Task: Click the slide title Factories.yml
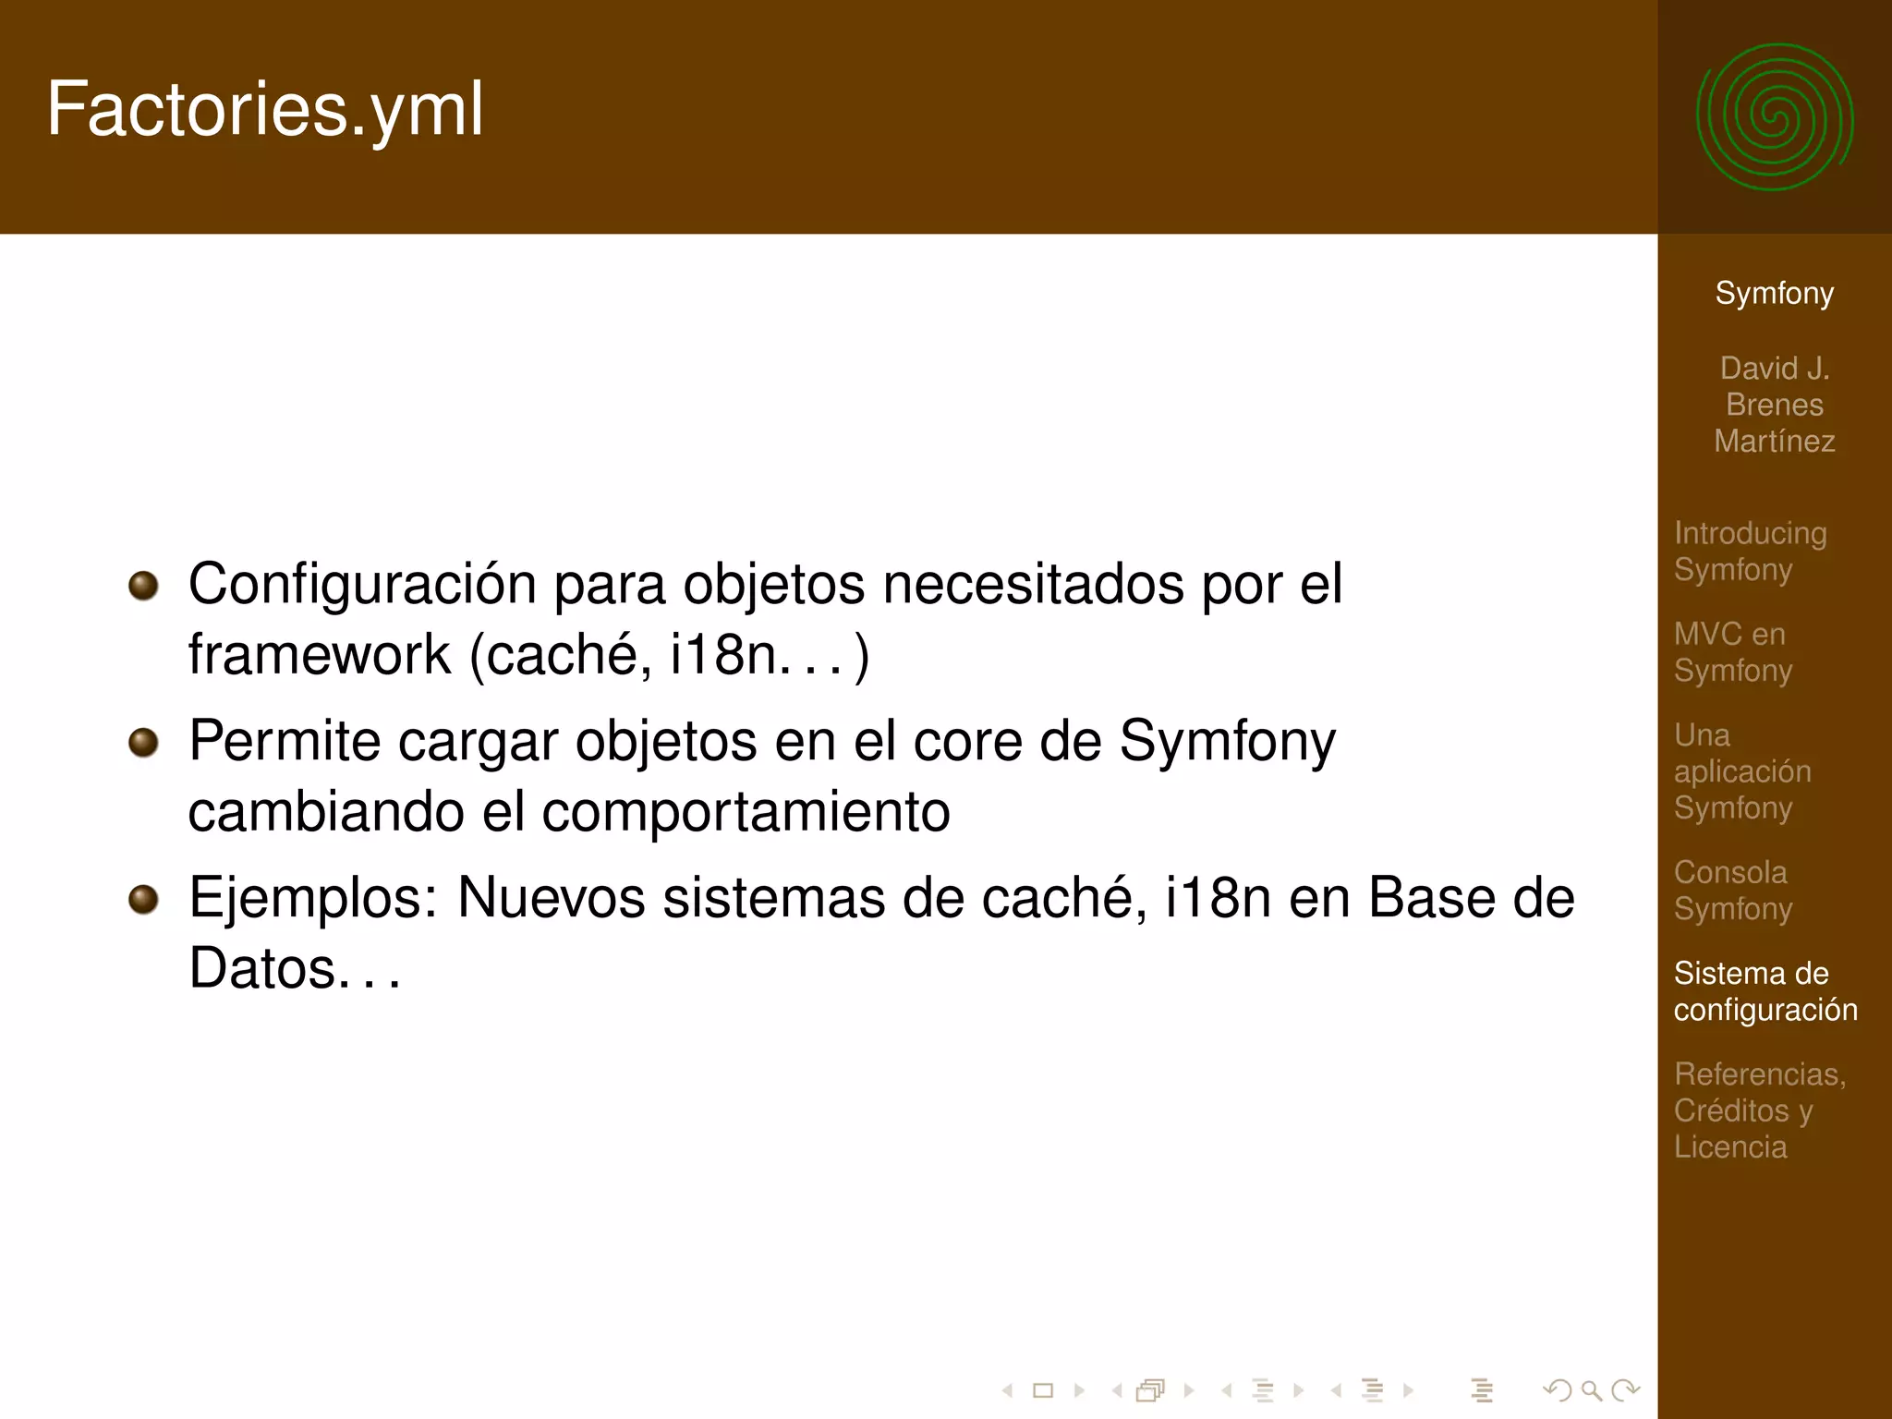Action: coord(265,109)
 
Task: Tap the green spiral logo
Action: coord(1775,117)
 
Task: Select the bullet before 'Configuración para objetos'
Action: coord(143,585)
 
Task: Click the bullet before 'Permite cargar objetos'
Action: coord(143,742)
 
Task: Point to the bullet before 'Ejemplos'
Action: coord(143,899)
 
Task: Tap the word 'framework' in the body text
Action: coord(319,655)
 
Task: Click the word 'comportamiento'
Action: coord(746,812)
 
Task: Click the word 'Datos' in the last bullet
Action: coord(262,969)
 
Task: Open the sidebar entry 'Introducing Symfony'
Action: coord(1750,551)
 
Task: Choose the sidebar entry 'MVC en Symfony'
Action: coord(1732,651)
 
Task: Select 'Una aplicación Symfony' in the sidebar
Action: coord(1741,770)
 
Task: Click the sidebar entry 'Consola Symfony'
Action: coord(1732,890)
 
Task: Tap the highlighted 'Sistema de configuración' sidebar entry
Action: coord(1765,990)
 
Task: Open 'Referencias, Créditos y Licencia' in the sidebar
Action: coord(1759,1110)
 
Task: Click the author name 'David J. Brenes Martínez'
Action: coord(1774,405)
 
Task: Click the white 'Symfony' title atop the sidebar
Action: coord(1774,293)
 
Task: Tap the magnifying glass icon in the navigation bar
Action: coord(1591,1389)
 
